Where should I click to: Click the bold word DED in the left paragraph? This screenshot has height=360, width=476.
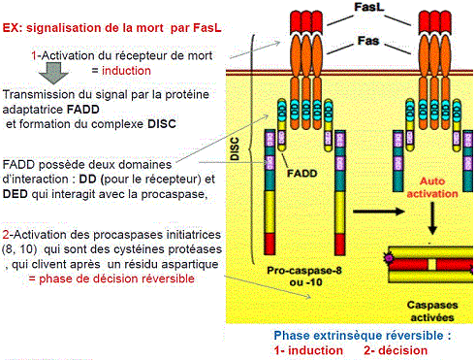16,194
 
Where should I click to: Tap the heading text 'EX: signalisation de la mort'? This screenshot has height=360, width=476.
111,28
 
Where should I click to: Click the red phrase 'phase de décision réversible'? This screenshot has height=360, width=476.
111,278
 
